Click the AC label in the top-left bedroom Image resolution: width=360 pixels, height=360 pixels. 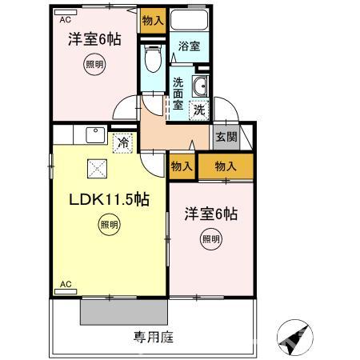pos(66,18)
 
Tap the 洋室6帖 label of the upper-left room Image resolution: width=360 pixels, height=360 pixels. pos(94,38)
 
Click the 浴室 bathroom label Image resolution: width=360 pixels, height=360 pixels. pos(189,47)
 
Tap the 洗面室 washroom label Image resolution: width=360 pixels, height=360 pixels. pos(178,92)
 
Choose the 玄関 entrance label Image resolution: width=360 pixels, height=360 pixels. pos(226,136)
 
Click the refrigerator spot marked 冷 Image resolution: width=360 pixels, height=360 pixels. pos(122,143)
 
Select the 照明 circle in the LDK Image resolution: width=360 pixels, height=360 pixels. pos(109,226)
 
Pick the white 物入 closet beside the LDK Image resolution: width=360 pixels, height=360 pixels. pos(181,166)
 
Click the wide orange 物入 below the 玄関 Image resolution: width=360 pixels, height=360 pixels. pos(226,166)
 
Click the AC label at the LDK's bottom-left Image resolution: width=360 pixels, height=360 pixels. pos(66,284)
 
